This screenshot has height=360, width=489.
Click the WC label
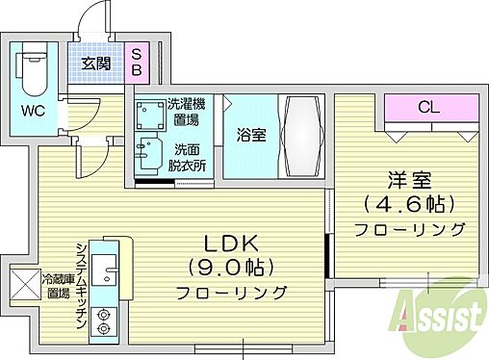34,112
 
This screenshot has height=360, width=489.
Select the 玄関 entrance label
96,64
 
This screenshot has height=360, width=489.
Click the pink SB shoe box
137,63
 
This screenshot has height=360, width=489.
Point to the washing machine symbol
150,115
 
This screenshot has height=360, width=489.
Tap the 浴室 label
251,135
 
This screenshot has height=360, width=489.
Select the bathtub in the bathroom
302,137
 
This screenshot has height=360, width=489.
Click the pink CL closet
431,108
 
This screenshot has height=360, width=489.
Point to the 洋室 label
410,180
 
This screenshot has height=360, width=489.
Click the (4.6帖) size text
410,204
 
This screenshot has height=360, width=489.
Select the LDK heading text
231,244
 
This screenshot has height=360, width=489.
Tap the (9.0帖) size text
232,268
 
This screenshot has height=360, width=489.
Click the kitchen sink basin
104,270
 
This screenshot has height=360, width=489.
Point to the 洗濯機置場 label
187,112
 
